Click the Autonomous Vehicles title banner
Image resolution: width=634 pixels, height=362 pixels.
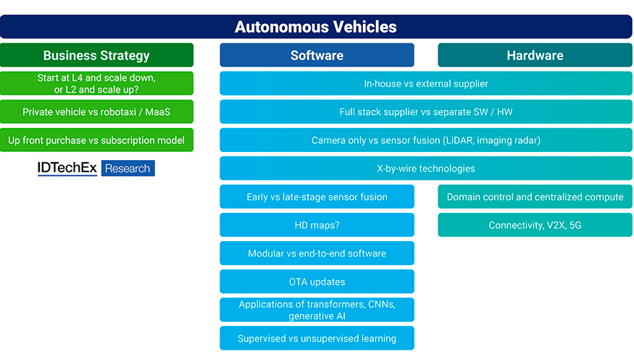pos(316,27)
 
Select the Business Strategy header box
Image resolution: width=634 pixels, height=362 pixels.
pos(96,55)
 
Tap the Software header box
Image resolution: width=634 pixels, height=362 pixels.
pos(317,55)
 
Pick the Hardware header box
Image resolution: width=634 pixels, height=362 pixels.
pos(535,55)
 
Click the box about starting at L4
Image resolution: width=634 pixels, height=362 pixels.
pos(96,83)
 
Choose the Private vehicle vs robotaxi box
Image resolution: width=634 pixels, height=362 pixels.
pos(96,111)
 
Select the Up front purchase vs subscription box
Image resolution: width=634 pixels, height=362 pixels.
pos(96,140)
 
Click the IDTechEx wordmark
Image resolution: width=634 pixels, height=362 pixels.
pos(67,168)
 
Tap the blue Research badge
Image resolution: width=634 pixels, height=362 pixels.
pos(128,168)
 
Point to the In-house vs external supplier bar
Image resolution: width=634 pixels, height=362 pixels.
pos(426,83)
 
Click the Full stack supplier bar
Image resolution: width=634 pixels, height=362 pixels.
pos(426,111)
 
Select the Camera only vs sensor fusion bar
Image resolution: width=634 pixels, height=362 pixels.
pos(426,140)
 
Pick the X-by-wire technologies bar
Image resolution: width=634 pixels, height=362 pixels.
pos(426,168)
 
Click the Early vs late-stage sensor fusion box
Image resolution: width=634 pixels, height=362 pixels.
pos(317,196)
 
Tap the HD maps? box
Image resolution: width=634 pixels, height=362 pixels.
pos(317,224)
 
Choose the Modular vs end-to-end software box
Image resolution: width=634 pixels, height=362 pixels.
pos(317,253)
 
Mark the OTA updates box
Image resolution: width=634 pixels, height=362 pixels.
pos(317,281)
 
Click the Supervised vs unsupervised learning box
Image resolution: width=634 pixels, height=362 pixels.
pos(317,338)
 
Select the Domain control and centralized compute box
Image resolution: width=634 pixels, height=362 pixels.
pos(535,196)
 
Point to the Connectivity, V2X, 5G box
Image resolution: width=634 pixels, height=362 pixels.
pos(535,224)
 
